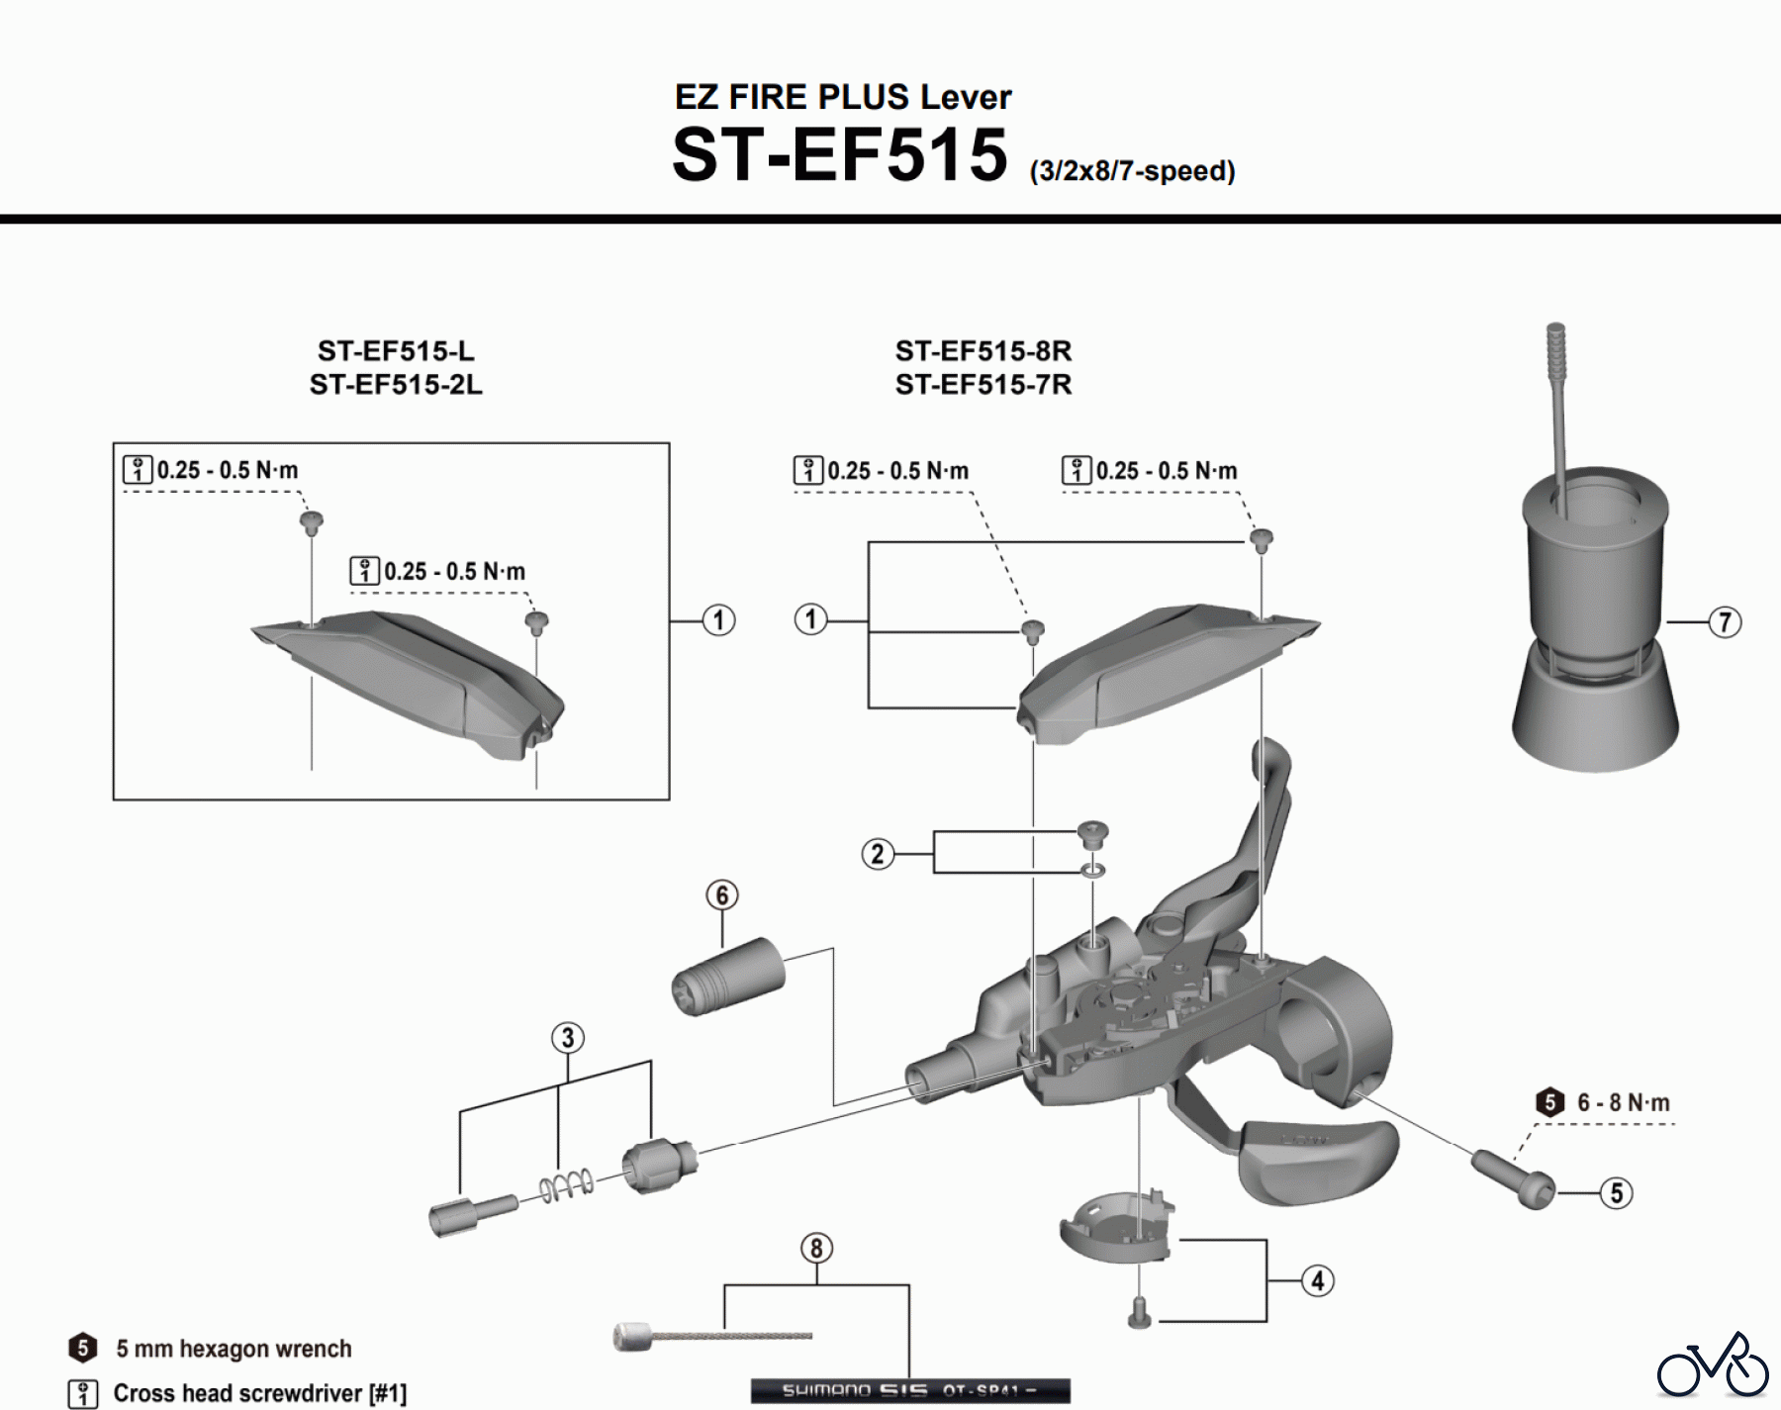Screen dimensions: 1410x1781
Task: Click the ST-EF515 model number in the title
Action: [x=839, y=155]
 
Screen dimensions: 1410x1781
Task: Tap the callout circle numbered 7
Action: [x=1725, y=622]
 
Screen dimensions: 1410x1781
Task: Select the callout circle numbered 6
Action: [x=722, y=895]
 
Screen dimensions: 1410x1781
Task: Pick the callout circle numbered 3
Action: [x=568, y=1038]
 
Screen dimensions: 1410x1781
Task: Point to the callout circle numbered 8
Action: [x=816, y=1249]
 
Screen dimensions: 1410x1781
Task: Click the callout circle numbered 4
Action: [x=1317, y=1281]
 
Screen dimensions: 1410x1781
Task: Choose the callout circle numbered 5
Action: [x=1617, y=1193]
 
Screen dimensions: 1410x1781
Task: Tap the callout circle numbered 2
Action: [x=878, y=854]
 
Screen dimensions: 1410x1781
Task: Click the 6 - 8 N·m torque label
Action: [x=1623, y=1102]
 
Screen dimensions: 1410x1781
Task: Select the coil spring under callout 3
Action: [x=567, y=1185]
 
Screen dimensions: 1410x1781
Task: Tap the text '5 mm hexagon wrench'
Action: [x=234, y=1349]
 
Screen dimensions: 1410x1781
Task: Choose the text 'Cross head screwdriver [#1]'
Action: [x=259, y=1393]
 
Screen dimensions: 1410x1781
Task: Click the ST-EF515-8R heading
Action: [x=983, y=351]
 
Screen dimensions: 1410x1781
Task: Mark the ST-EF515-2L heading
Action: [x=396, y=385]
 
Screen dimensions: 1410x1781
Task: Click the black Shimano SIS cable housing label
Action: [x=910, y=1390]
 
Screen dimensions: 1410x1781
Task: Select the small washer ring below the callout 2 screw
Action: [x=1093, y=871]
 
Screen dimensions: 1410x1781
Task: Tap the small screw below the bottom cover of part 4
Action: [x=1139, y=1314]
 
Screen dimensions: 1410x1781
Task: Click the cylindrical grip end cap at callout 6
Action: [x=728, y=977]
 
